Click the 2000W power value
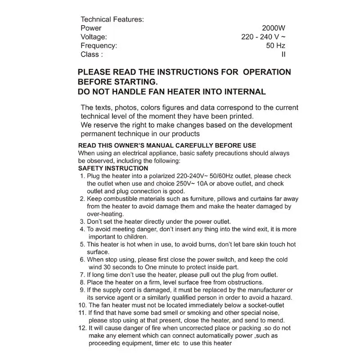273,28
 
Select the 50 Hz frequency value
275,45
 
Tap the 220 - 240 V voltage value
263,37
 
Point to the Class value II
283,54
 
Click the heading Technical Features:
112,19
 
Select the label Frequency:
99,45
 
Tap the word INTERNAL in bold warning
244,92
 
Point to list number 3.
82,221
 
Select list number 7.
82,275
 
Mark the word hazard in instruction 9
281,298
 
